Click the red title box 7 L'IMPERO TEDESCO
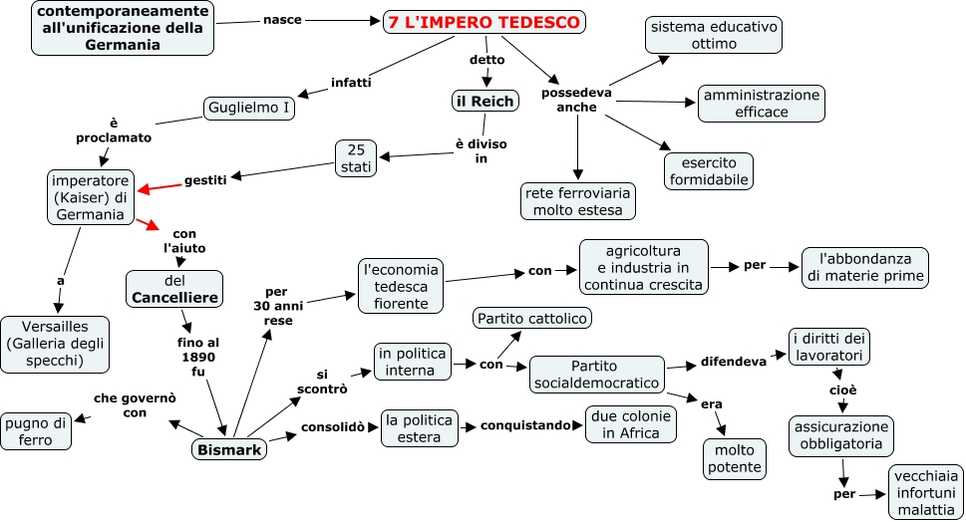pos(484,22)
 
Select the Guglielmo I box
pos(249,107)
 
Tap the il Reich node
pos(484,101)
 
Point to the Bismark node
pos(229,450)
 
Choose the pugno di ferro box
pos(36,429)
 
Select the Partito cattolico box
pos(533,318)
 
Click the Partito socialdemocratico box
pos(596,375)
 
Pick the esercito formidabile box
pos(709,170)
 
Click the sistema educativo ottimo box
pos(713,34)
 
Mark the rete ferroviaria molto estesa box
pos(578,200)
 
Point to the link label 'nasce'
pos(283,19)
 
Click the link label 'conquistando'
pos(524,425)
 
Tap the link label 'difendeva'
pos(733,361)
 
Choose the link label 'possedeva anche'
pos(576,100)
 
